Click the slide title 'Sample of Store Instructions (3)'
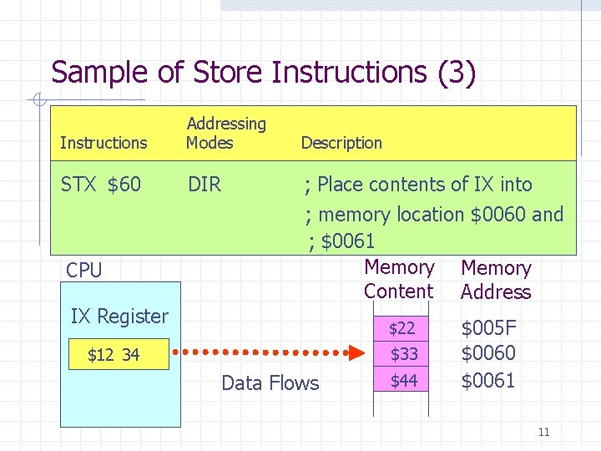point(263,72)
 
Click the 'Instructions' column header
point(104,143)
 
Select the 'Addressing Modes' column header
point(225,133)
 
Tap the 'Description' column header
point(341,143)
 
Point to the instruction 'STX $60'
point(101,185)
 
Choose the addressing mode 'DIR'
point(205,185)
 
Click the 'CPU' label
point(83,271)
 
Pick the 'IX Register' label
point(119,317)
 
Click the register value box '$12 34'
point(114,355)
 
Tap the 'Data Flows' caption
point(270,383)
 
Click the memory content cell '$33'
point(403,354)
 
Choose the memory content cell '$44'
point(403,381)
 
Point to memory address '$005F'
point(488,327)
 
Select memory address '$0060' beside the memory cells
point(488,353)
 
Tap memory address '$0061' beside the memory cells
point(488,381)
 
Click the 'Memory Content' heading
point(399,279)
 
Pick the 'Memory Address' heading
point(496,280)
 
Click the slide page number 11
point(543,432)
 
